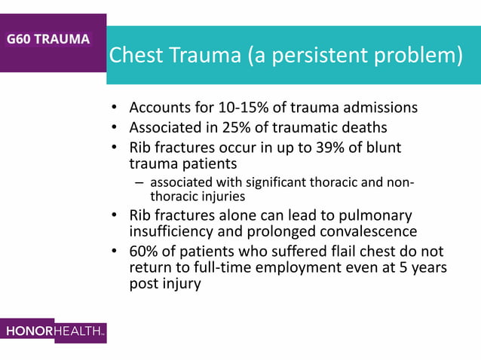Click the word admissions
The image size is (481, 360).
click(x=380, y=108)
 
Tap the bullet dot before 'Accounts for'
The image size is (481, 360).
click(x=114, y=108)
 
